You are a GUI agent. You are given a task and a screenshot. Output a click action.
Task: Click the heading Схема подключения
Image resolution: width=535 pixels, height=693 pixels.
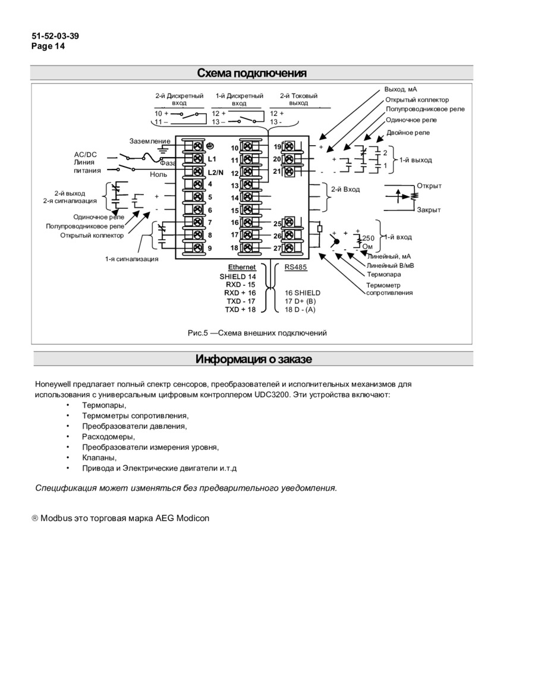(x=252, y=73)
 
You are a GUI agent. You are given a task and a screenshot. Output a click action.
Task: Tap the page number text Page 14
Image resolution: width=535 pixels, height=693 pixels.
(x=48, y=45)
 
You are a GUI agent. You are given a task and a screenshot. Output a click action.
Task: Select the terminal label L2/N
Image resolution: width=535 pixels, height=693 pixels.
(x=216, y=173)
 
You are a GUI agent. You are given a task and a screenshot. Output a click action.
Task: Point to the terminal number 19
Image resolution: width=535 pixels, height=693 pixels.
(x=278, y=147)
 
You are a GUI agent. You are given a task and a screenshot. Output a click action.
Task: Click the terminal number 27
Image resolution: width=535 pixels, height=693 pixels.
(x=278, y=248)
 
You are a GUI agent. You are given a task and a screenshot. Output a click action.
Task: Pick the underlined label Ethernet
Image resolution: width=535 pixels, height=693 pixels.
(x=242, y=268)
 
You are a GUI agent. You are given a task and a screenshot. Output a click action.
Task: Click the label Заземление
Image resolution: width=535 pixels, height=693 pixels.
(x=150, y=141)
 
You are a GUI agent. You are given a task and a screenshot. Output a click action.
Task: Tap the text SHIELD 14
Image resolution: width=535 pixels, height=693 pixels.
(x=238, y=277)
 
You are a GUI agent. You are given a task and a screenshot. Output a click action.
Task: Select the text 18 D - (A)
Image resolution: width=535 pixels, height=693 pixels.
(x=300, y=309)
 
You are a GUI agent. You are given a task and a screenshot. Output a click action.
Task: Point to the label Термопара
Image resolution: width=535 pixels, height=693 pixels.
(x=383, y=274)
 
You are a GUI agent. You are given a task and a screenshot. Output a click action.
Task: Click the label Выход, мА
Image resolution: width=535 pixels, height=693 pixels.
(x=401, y=89)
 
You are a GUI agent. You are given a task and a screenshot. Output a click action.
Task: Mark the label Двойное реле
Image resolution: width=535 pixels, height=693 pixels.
(x=408, y=133)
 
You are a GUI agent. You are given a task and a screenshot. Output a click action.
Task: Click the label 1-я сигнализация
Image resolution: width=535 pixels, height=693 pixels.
(x=132, y=259)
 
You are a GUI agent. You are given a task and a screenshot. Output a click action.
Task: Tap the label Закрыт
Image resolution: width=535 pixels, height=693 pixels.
(x=429, y=210)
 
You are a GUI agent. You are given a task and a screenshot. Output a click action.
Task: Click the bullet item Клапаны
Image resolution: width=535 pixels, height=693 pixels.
(x=99, y=457)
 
